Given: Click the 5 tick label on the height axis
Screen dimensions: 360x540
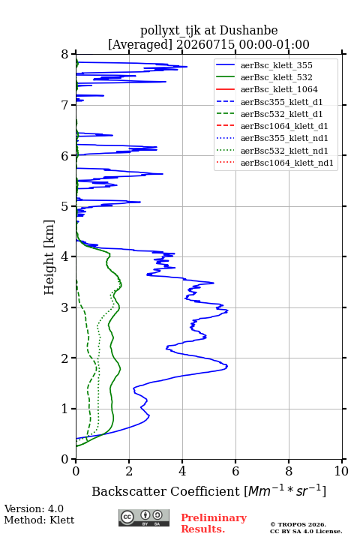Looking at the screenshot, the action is click(x=65, y=206).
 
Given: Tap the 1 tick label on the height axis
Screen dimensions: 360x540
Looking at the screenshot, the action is click(x=65, y=409).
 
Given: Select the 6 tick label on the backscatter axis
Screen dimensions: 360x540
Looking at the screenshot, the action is click(x=235, y=471).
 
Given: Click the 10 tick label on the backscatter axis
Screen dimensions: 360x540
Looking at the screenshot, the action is click(x=341, y=471).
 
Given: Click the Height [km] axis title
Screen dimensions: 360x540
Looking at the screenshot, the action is click(x=49, y=257).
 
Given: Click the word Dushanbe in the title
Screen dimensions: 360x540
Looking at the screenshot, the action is click(x=248, y=31).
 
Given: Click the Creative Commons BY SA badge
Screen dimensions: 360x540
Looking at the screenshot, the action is click(x=144, y=518).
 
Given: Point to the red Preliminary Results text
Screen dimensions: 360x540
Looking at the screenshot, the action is click(x=214, y=523).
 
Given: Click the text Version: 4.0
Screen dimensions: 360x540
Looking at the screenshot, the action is click(x=34, y=508).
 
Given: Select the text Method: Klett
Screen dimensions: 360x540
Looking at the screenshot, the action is click(x=39, y=520).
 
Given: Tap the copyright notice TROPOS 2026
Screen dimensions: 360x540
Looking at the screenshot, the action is click(x=298, y=524).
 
